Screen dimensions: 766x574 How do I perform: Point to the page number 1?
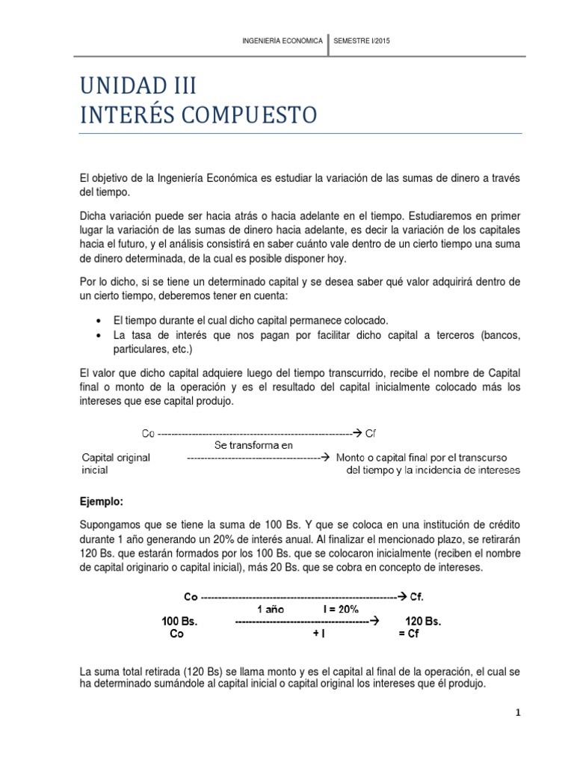516,714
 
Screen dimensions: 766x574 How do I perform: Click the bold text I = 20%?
345,609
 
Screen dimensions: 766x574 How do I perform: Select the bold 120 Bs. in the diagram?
423,622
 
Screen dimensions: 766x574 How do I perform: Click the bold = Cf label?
412,634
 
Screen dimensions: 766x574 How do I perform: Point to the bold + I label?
318,634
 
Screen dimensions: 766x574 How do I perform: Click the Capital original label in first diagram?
115,458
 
